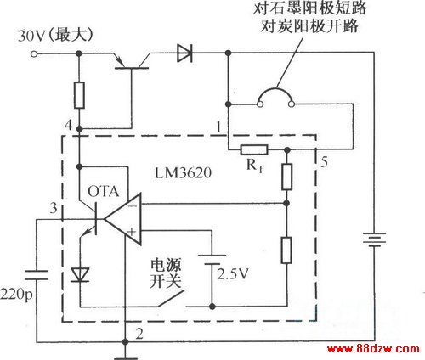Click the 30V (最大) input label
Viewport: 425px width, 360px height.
coord(55,36)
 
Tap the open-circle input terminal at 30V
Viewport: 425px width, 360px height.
coord(34,53)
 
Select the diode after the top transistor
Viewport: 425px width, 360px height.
coord(184,53)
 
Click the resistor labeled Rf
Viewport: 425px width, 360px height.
coord(254,149)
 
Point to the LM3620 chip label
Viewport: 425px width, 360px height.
coord(183,172)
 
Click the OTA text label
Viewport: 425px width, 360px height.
coord(103,191)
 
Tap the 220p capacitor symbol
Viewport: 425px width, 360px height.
coord(37,275)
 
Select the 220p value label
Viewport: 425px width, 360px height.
coord(16,295)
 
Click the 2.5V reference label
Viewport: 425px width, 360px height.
coord(233,273)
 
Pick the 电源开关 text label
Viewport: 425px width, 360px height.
coord(166,273)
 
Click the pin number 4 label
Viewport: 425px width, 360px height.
coord(69,125)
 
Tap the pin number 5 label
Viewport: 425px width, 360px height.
coord(324,162)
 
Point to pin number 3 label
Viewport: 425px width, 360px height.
coord(54,208)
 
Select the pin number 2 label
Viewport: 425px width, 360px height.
coord(139,334)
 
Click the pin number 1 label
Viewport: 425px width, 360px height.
coord(218,127)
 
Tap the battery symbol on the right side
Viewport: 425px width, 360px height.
coord(375,239)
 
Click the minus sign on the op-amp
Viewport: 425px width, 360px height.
coord(132,206)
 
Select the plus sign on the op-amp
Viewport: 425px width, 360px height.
coord(132,232)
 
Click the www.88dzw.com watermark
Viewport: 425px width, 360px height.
coord(373,349)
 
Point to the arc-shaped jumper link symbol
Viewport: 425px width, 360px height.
coord(275,90)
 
